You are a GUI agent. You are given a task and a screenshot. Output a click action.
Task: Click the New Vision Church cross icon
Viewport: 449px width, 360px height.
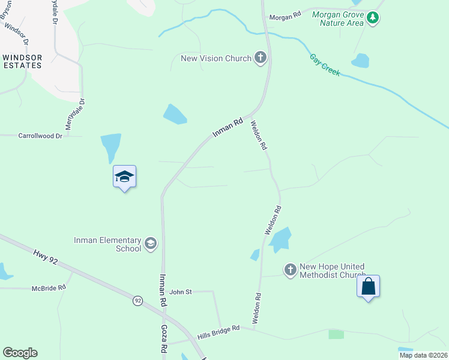pyautogui.click(x=260, y=58)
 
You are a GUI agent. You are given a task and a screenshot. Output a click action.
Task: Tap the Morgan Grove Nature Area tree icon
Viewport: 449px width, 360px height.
pyautogui.click(x=373, y=19)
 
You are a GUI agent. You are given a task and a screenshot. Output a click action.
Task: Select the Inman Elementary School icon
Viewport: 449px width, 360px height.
pyautogui.click(x=149, y=244)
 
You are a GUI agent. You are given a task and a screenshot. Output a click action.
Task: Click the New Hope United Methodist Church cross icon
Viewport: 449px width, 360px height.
pyautogui.click(x=290, y=270)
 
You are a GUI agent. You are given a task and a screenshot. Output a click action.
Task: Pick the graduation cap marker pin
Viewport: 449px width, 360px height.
pyautogui.click(x=124, y=177)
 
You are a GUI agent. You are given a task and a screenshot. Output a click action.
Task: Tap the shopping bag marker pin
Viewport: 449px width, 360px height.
pyautogui.click(x=368, y=287)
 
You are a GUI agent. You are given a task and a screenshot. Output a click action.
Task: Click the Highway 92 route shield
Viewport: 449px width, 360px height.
pyautogui.click(x=137, y=300)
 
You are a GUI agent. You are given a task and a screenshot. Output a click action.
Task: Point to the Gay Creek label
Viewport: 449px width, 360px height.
pyautogui.click(x=325, y=65)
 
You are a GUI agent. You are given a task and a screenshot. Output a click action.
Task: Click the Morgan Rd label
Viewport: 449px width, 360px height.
pyautogui.click(x=285, y=17)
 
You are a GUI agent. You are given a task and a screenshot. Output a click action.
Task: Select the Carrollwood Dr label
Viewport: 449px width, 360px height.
pyautogui.click(x=40, y=136)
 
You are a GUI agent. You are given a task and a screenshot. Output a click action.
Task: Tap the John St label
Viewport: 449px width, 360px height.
pyautogui.click(x=180, y=292)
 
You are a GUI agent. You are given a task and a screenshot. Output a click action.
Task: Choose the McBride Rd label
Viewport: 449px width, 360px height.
pyautogui.click(x=49, y=288)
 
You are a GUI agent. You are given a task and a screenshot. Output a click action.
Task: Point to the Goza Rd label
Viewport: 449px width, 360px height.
pyautogui.click(x=164, y=340)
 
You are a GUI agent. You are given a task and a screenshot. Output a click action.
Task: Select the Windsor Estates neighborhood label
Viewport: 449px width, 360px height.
pyautogui.click(x=22, y=61)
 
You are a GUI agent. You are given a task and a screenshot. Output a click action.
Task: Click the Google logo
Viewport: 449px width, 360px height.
pyautogui.click(x=20, y=353)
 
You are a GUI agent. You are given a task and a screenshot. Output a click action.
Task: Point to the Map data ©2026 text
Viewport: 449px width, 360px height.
pyautogui.click(x=423, y=355)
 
